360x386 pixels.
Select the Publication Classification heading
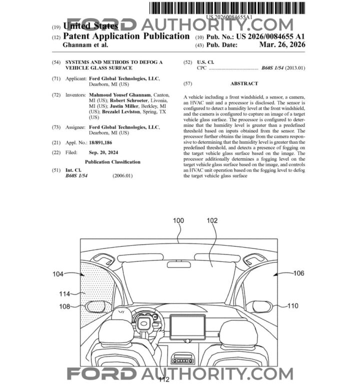pos(112,162)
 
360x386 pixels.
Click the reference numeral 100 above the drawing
pos(178,220)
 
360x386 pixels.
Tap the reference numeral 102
pos(212,220)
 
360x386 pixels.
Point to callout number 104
pos(58,273)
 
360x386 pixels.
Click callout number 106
pos(298,273)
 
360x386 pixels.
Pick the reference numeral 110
pos(293,306)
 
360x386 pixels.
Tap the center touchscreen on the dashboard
pos(187,327)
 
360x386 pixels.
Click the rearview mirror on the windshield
pos(178,264)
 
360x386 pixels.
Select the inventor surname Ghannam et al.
pos(85,45)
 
